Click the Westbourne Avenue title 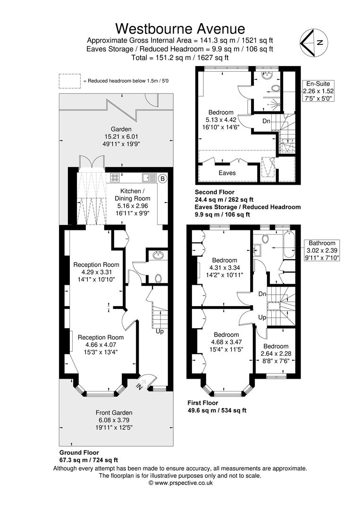point(180,29)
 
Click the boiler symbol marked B point(163,178)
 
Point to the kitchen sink point(150,178)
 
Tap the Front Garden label point(114,413)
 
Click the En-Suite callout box point(318,91)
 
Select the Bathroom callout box point(322,250)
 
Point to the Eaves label point(227,173)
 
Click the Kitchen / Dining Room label point(133,195)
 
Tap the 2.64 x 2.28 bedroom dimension point(276,354)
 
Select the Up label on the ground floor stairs point(159,331)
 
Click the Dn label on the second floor point(267,121)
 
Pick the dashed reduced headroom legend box point(69,81)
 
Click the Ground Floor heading point(79,452)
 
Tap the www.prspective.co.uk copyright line point(180,483)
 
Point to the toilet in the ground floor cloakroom point(158,279)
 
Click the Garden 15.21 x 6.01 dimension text point(121,136)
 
